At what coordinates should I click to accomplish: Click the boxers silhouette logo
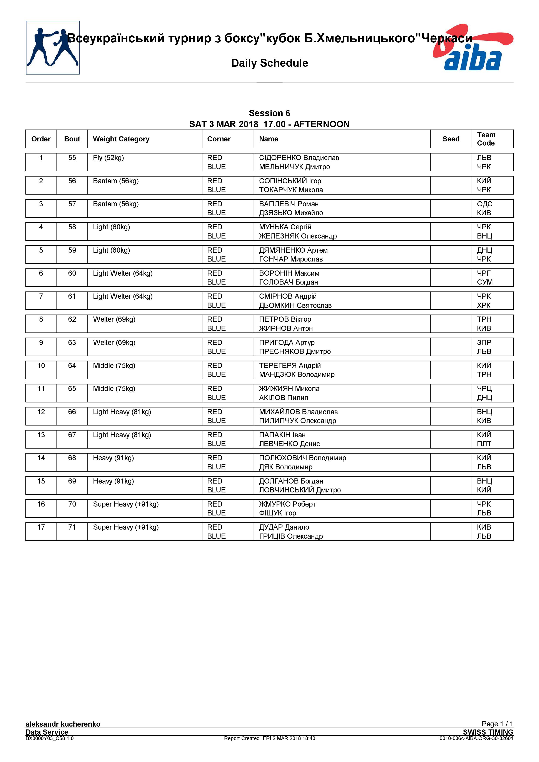coord(52,47)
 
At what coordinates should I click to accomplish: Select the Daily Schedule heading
coord(269,63)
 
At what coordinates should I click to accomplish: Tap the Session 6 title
coord(269,113)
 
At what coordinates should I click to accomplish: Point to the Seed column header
coord(451,139)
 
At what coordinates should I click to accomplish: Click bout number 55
coord(72,158)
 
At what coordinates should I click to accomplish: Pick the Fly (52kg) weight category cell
coord(108,158)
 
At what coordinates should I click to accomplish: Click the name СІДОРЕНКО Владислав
coord(299,158)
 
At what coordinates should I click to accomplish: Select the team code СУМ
coord(485,282)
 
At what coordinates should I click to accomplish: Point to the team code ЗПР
coord(484,343)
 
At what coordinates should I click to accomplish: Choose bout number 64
coord(72,365)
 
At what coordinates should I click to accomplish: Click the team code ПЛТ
coord(484,444)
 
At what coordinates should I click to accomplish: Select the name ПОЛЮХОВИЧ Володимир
coord(302,458)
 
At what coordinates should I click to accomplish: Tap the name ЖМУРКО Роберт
coord(287,504)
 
